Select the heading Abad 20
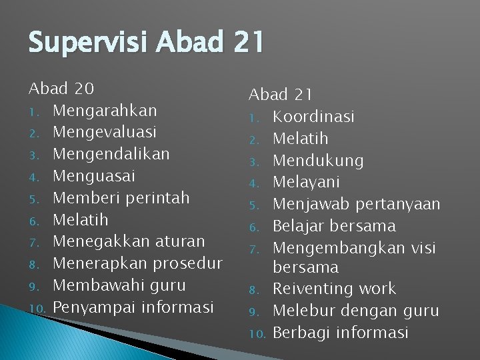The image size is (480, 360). (61, 88)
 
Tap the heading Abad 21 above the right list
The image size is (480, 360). (281, 95)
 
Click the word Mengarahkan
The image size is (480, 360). (105, 110)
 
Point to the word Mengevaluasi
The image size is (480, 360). (105, 132)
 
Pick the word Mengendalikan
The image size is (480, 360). (111, 154)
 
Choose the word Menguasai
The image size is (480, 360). (94, 176)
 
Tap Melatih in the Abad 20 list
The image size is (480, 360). (80, 220)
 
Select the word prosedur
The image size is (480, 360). (187, 263)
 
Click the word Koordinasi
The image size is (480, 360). (313, 117)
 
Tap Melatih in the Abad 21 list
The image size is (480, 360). (301, 139)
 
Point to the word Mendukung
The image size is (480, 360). (318, 161)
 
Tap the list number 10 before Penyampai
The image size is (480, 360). (37, 308)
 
